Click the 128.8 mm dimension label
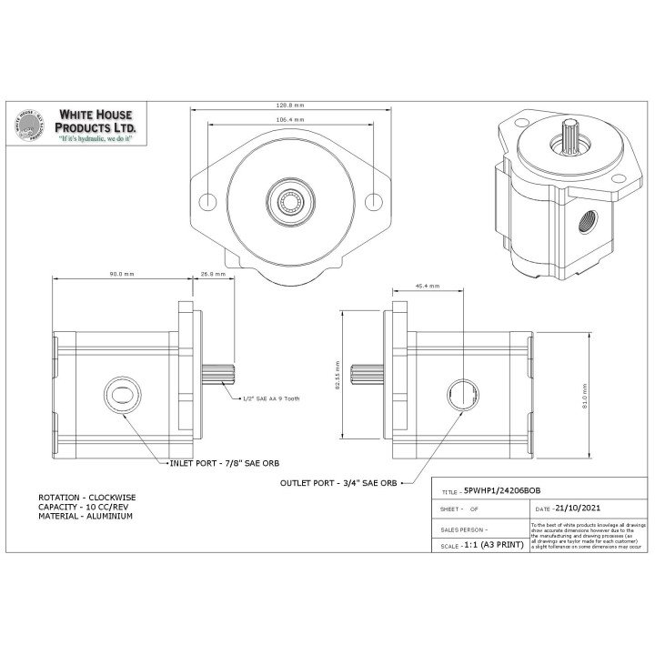[x=290, y=106]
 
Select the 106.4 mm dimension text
[x=290, y=120]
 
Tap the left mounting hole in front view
[x=207, y=200]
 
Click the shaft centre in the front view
[x=290, y=200]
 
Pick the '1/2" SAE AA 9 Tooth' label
[x=271, y=398]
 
